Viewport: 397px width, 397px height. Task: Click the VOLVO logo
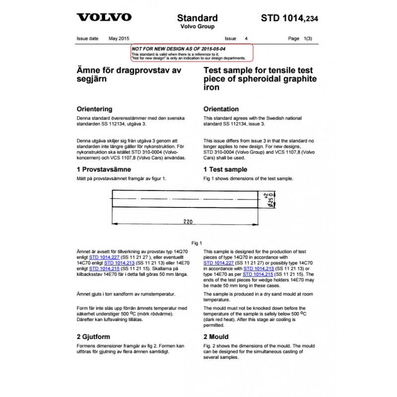(104, 17)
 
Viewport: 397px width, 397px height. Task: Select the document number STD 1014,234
(289, 18)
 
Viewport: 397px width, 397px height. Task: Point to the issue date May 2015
(119, 38)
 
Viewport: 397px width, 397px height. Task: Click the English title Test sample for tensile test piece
(260, 79)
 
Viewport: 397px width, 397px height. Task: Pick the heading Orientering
(94, 109)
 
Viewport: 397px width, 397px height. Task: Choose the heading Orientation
(221, 109)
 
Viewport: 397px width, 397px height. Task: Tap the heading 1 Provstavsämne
(104, 169)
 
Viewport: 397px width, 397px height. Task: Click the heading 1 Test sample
(225, 169)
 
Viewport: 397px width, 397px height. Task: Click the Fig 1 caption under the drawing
(197, 243)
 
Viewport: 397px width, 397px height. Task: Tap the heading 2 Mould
(216, 336)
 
